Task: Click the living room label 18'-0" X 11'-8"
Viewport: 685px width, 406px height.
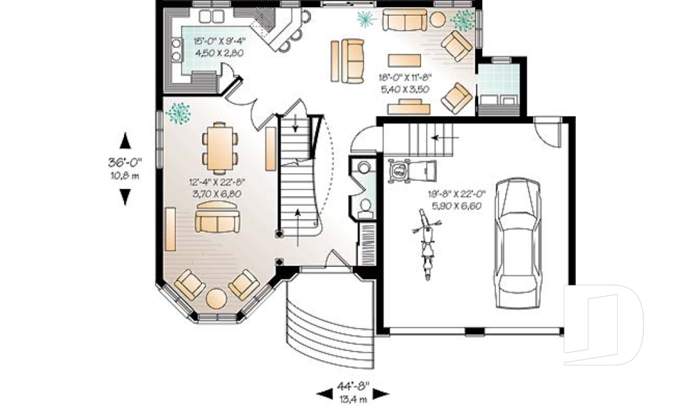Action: tap(405, 78)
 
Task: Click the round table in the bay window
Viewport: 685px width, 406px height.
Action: tap(217, 297)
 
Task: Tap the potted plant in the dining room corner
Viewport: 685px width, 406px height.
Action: tap(177, 113)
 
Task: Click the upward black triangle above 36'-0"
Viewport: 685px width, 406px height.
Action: tap(126, 139)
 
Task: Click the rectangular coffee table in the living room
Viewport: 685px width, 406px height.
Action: tap(404, 59)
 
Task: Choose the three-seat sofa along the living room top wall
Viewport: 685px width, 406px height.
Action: tap(405, 20)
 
